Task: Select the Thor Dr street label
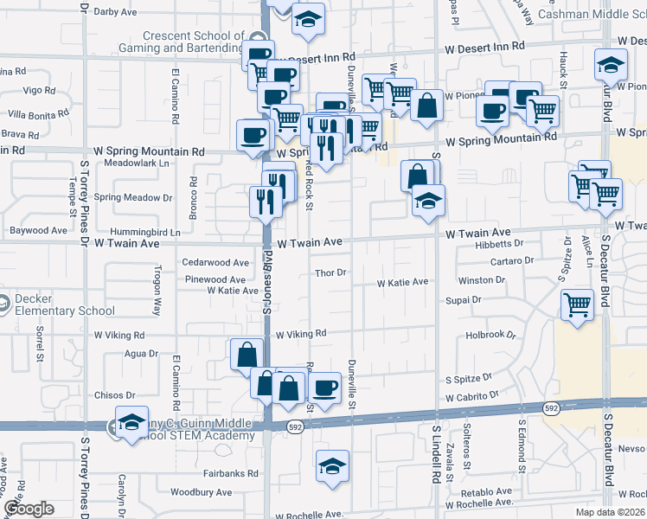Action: point(330,272)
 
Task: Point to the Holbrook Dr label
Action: point(490,335)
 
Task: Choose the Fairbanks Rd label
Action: point(231,473)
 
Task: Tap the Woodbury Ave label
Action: point(201,492)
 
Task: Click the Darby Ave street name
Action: point(116,12)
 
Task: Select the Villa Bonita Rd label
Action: point(38,113)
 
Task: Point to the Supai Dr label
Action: point(464,299)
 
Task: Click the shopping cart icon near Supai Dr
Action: point(576,304)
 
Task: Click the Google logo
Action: point(29,508)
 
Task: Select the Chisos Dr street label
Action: point(113,395)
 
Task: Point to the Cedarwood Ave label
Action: point(216,262)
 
